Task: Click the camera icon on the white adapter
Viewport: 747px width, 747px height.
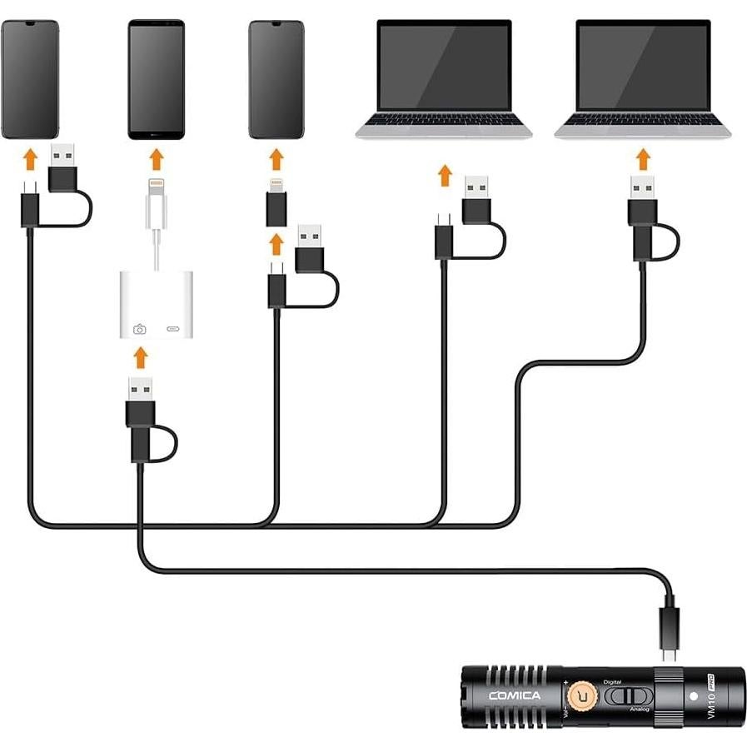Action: (139, 329)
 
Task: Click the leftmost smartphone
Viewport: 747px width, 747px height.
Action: (29, 79)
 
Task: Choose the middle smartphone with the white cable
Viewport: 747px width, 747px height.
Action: (156, 79)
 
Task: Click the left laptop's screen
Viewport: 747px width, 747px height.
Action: (444, 66)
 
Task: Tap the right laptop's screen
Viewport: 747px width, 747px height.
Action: (643, 66)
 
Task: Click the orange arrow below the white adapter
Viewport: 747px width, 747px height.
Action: (141, 357)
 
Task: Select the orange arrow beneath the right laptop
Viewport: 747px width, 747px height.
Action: (642, 158)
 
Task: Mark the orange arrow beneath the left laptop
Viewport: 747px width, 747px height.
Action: (446, 176)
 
